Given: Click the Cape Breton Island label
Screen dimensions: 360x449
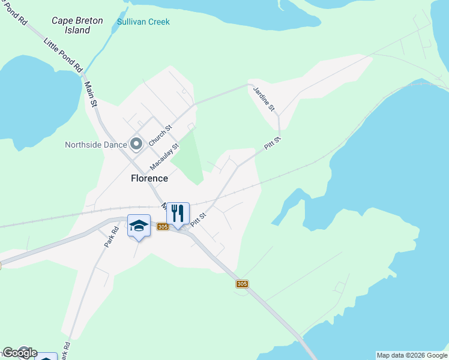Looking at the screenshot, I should coord(77,25).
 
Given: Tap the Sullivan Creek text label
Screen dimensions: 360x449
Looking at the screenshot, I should coord(143,22).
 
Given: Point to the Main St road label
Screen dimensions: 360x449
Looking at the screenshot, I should coord(91,95).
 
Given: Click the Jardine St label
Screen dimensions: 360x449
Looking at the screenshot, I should coord(264,99).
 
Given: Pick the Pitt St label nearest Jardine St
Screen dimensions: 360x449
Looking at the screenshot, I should coord(273,144).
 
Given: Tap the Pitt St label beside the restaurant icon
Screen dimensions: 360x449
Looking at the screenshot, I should coord(198,219).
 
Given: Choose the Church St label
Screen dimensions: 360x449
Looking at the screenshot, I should coord(160,135).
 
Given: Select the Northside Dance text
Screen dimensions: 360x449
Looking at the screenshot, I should coord(96,145).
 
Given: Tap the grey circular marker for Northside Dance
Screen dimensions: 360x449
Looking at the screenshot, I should coord(136,144).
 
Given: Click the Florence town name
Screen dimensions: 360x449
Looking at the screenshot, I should coord(149,178).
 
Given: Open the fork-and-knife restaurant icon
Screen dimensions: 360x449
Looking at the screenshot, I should coord(178,213).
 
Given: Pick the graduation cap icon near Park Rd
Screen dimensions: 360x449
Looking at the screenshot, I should coord(139,225).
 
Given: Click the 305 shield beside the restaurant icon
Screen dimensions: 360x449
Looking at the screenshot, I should coord(162,227).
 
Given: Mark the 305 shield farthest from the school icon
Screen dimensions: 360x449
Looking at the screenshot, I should coord(242,284).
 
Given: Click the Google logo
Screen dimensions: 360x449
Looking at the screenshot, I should coord(19,353).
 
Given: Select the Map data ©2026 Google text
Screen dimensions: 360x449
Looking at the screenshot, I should coord(412,355).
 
